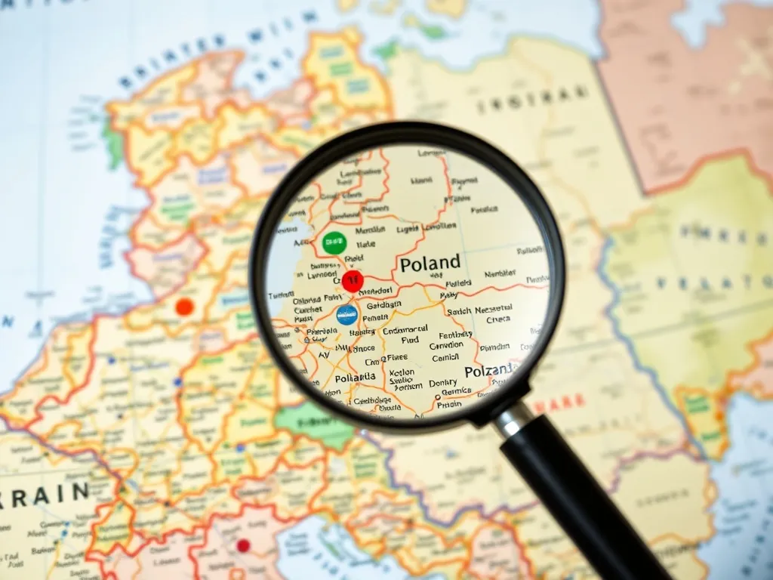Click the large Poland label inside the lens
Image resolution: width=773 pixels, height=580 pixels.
click(430, 264)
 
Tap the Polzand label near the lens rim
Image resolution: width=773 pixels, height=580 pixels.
click(490, 372)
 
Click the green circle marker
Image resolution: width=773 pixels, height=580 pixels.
click(333, 242)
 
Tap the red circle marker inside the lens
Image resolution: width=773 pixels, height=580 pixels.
click(352, 282)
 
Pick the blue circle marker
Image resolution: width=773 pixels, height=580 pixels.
click(346, 315)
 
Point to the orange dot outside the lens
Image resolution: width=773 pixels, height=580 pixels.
click(184, 307)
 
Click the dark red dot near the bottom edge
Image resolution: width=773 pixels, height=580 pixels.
click(243, 545)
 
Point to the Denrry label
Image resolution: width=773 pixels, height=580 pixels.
click(443, 383)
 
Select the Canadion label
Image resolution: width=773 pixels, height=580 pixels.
click(446, 345)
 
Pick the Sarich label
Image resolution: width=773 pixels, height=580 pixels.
click(458, 310)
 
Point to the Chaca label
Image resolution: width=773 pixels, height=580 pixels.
click(498, 319)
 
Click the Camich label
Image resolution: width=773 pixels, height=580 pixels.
click(445, 356)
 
